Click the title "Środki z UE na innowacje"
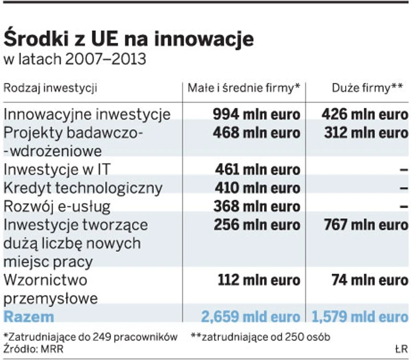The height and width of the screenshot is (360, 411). pos(129,38)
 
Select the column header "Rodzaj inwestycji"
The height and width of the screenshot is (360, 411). pos(50,88)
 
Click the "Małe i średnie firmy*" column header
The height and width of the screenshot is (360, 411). pos(244,88)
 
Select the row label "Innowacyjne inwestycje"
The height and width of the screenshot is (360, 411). pos(87,113)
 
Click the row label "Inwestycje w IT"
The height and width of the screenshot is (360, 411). pos(59,169)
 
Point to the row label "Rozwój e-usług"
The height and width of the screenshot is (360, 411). pos(57,206)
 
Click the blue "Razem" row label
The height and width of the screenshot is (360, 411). pos(29,317)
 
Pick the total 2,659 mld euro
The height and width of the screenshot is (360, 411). pos(251,317)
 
